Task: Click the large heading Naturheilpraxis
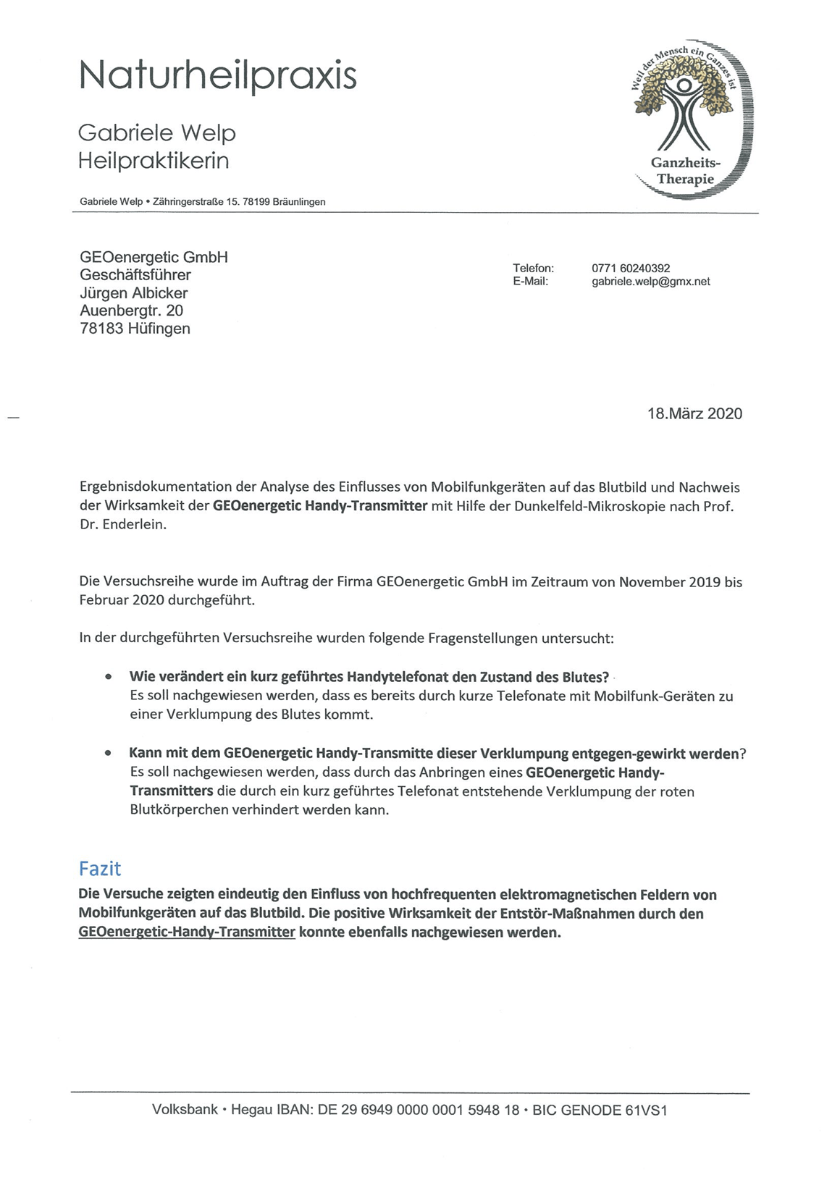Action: [217, 75]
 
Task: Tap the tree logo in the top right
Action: [685, 118]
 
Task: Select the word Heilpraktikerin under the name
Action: [154, 160]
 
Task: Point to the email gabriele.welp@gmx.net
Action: [650, 282]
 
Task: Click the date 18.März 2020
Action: [694, 414]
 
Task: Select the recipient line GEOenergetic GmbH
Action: [154, 257]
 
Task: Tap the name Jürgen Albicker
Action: [134, 293]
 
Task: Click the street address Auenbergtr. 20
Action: [131, 311]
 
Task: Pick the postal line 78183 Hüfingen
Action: [135, 329]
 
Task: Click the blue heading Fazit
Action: [100, 869]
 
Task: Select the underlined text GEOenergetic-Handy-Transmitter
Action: [187, 932]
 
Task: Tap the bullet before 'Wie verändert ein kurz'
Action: [108, 678]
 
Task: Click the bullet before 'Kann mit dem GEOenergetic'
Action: [108, 754]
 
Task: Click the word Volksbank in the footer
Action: [185, 1110]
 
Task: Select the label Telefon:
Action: [533, 269]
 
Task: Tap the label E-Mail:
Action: [531, 282]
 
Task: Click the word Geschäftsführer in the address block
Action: [135, 275]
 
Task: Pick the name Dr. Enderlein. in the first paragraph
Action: [123, 525]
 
